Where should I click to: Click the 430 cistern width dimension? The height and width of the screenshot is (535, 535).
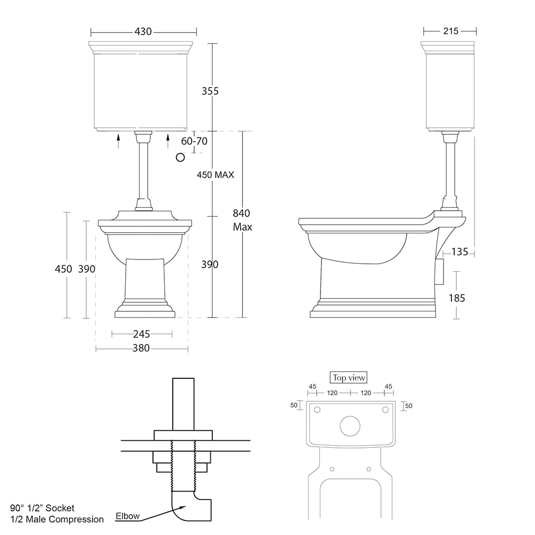tap(143, 32)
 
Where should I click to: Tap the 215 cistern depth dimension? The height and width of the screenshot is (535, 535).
tap(450, 31)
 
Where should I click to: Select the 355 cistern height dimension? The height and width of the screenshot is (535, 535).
tap(210, 91)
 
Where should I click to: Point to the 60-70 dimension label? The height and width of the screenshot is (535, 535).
tap(194, 141)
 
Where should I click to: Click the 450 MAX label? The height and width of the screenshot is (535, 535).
tap(215, 175)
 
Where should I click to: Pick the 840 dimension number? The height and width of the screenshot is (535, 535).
tap(242, 213)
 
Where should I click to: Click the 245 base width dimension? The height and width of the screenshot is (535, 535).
tap(142, 334)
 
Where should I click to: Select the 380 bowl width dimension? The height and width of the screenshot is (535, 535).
tap(141, 348)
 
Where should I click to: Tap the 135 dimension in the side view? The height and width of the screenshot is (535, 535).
tap(460, 252)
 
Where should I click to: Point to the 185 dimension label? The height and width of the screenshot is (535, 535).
tap(457, 298)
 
